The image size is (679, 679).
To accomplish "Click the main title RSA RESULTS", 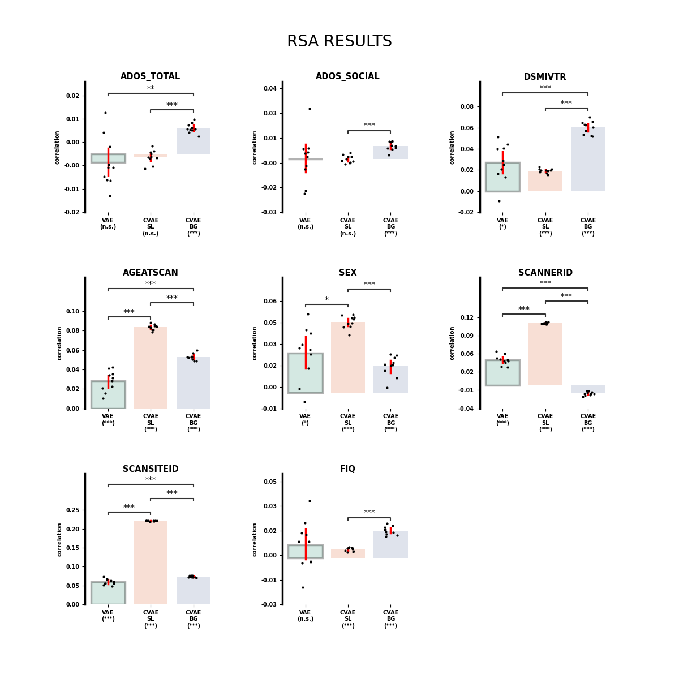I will pyautogui.click(x=339, y=42).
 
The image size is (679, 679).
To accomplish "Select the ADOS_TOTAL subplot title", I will pyautogui.click(x=150, y=76).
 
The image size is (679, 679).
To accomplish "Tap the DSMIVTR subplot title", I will pyautogui.click(x=544, y=77).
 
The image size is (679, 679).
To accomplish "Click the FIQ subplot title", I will pyautogui.click(x=347, y=469).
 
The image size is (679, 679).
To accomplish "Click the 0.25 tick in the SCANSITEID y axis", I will pyautogui.click(x=72, y=510).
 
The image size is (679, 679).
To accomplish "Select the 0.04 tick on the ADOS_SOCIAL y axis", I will pyautogui.click(x=270, y=88).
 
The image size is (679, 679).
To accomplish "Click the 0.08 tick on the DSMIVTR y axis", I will pyautogui.click(x=467, y=106).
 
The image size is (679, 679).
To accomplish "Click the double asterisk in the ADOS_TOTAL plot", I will pyautogui.click(x=151, y=89).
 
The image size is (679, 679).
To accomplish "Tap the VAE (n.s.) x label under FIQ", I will pyautogui.click(x=306, y=616).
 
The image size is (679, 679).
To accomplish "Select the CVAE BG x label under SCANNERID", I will pyautogui.click(x=587, y=423).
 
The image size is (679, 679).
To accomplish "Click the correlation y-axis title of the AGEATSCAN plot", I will pyautogui.click(x=59, y=343).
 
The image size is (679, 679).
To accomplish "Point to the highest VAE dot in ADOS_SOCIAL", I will pyautogui.click(x=310, y=109).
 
